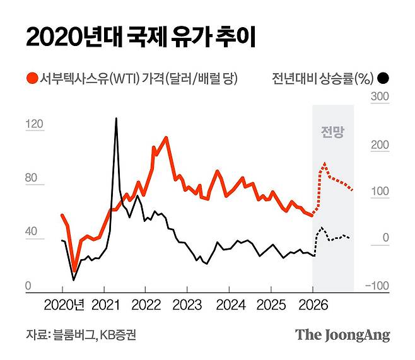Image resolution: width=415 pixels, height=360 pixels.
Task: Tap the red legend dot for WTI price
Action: (31, 79)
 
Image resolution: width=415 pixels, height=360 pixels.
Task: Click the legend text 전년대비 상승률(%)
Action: (322, 79)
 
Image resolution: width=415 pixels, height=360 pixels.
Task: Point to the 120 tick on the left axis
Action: (33, 124)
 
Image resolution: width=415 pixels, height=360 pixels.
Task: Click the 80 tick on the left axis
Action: (32, 178)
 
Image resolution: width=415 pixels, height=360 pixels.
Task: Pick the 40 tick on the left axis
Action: (32, 233)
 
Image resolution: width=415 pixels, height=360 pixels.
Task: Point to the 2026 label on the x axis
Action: (312, 305)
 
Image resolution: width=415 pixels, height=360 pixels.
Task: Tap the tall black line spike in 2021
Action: (116, 119)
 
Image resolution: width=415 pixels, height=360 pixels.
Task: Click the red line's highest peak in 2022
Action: (166, 137)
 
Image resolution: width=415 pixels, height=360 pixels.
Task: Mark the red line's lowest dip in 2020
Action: (74, 270)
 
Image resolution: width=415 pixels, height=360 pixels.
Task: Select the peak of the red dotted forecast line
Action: (324, 163)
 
